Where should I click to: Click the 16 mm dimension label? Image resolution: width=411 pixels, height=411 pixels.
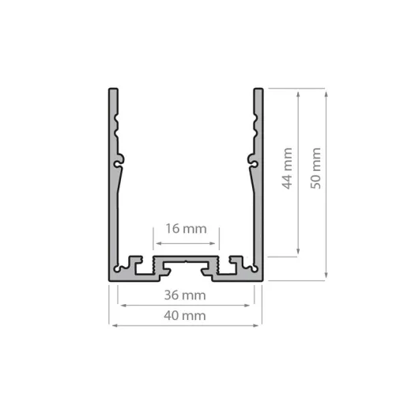(185, 229)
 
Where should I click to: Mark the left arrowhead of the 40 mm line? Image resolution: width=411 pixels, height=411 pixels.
(111, 325)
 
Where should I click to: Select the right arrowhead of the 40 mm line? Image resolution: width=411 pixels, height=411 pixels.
(260, 325)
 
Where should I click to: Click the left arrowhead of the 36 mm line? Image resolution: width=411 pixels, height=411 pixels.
(119, 305)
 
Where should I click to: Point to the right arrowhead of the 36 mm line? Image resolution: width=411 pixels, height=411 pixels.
(252, 305)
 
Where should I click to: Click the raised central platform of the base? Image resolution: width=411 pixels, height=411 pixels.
(185, 261)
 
